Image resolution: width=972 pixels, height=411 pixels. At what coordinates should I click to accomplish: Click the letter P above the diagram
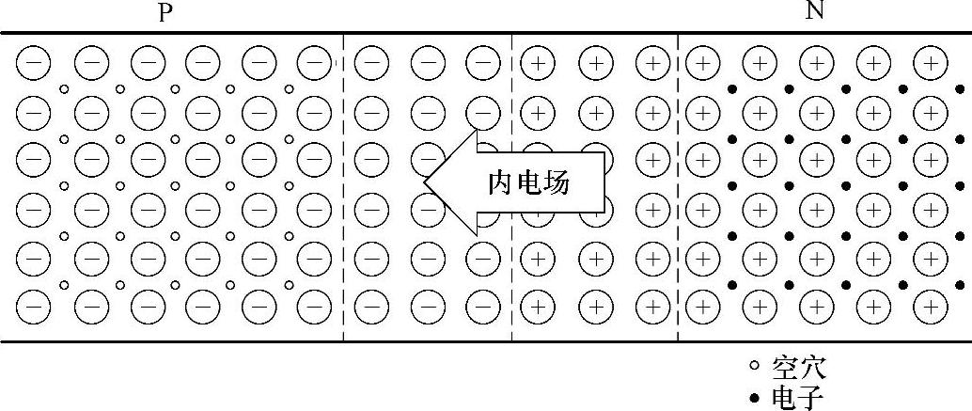(166, 11)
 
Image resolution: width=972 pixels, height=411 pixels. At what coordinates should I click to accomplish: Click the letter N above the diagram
(814, 11)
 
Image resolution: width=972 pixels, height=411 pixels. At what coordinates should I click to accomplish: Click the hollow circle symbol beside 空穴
(754, 366)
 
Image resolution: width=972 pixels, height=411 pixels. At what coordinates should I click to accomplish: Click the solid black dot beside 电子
(754, 399)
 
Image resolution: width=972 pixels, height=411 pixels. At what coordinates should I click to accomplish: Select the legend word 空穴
(798, 366)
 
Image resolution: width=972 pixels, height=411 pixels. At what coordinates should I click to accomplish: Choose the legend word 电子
(798, 399)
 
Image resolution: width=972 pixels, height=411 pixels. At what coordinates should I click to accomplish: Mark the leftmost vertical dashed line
(344, 188)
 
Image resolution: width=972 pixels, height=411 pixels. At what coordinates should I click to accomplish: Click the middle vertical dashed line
(511, 188)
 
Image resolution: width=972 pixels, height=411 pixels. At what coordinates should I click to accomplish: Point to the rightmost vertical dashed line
(678, 188)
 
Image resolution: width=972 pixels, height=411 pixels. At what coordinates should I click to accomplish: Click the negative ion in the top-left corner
(34, 63)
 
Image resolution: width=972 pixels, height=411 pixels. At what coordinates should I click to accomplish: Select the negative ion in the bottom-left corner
(34, 306)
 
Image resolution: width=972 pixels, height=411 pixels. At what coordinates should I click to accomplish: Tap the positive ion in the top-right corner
(931, 63)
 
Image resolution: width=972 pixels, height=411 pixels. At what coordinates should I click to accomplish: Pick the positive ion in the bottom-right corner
(931, 306)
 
